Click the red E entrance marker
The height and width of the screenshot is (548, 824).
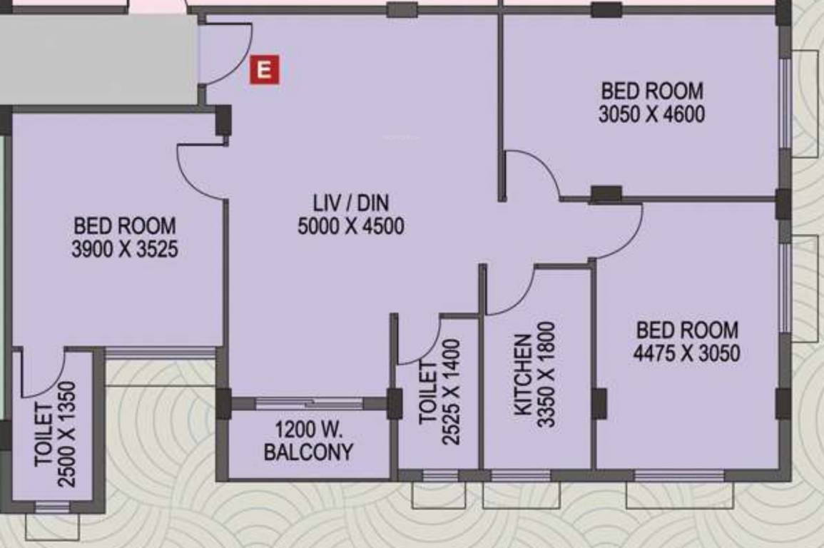264,70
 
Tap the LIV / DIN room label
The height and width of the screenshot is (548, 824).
351,203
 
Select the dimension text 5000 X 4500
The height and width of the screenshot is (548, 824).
351,227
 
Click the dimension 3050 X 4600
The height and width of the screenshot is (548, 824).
651,114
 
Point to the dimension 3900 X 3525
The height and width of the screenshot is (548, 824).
125,250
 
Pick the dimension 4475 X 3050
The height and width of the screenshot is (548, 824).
686,353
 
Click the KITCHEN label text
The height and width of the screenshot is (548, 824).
522,375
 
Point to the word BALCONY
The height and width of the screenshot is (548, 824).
308,452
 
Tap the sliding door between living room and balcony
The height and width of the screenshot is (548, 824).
309,403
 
